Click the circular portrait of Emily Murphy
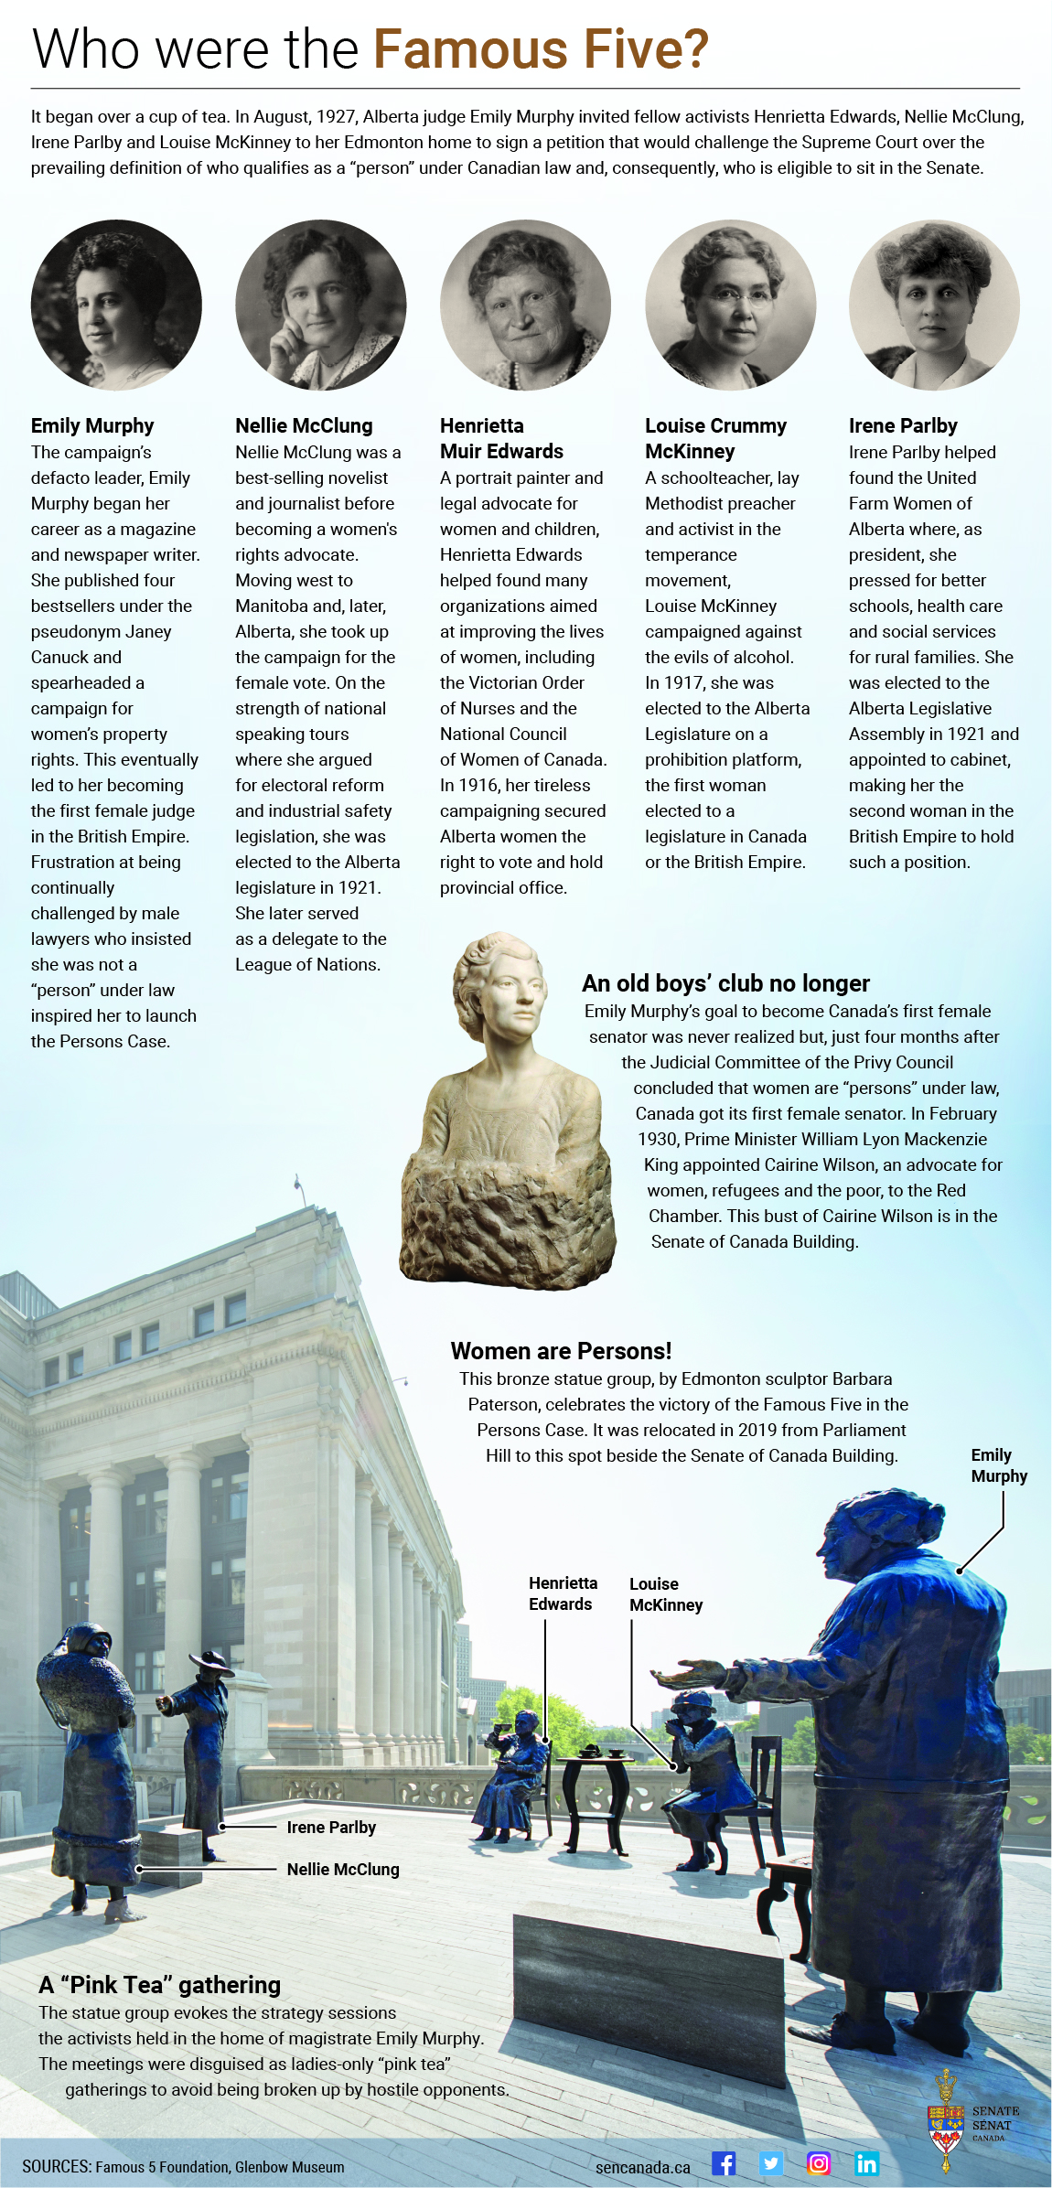pyautogui.click(x=116, y=305)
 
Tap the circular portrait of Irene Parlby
pyautogui.click(x=934, y=305)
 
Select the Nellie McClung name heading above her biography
pyautogui.click(x=304, y=425)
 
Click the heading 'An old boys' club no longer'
pyautogui.click(x=725, y=983)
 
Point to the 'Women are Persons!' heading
pyautogui.click(x=561, y=1351)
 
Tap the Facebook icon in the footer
pyautogui.click(x=724, y=2163)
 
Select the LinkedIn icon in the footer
pyautogui.click(x=866, y=2163)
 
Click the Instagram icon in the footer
pyautogui.click(x=819, y=2163)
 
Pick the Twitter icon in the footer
pyautogui.click(x=771, y=2163)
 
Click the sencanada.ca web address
pyautogui.click(x=642, y=2167)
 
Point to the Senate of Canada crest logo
pyautogui.click(x=947, y=2120)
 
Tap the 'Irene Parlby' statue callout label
pyautogui.click(x=331, y=1827)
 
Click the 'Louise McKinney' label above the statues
pyautogui.click(x=665, y=1594)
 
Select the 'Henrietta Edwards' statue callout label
pyautogui.click(x=562, y=1593)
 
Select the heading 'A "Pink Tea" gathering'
pyautogui.click(x=160, y=1984)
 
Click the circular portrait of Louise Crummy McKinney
pyautogui.click(x=730, y=305)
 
